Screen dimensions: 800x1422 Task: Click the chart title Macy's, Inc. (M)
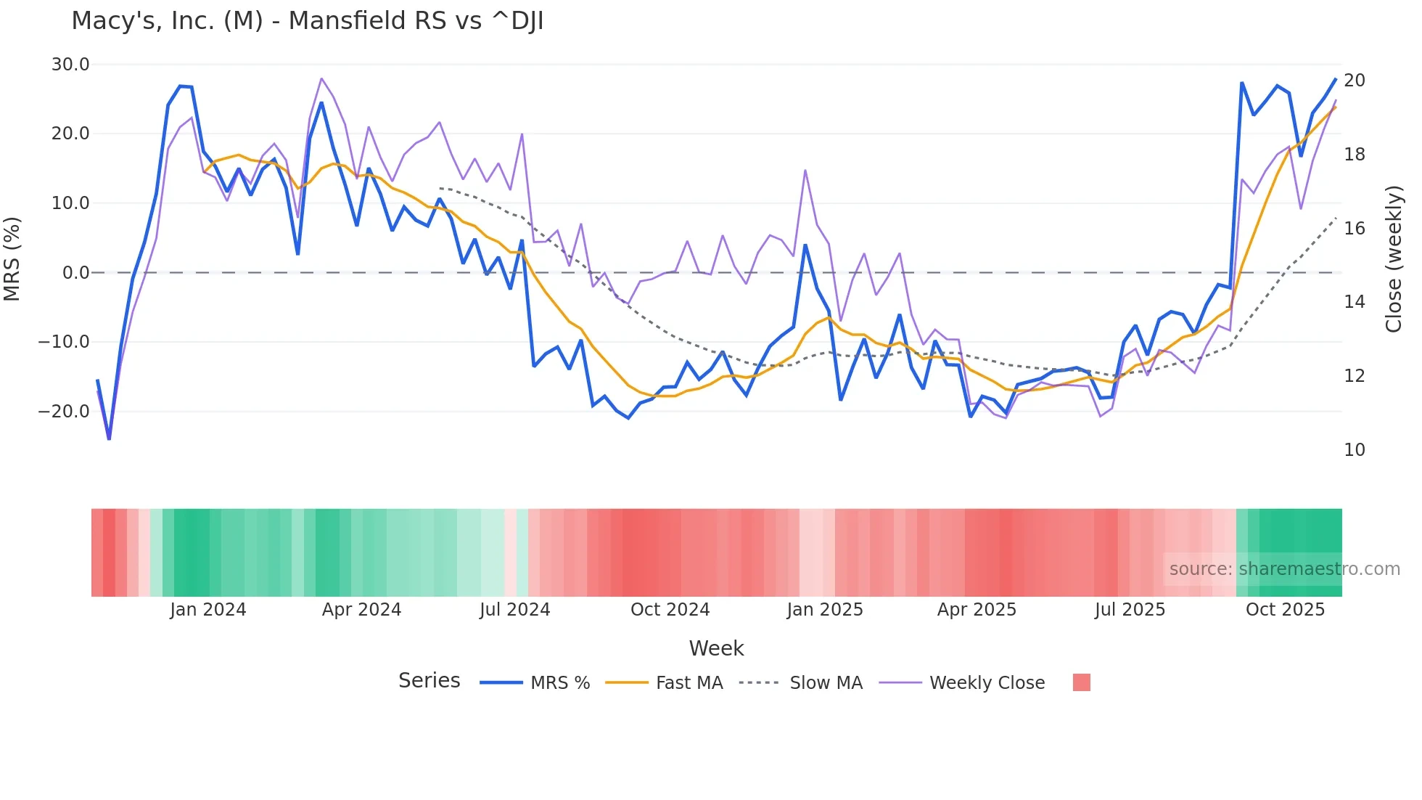point(308,21)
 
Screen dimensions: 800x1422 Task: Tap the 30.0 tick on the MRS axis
point(70,65)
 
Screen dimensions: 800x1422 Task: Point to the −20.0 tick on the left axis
point(65,412)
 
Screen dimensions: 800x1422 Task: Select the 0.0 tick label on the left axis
point(75,273)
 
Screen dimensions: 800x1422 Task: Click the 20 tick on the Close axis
point(1354,81)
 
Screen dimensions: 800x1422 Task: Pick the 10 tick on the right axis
point(1354,450)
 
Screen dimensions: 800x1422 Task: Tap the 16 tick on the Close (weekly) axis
point(1354,229)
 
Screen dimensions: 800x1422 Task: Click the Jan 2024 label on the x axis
point(208,610)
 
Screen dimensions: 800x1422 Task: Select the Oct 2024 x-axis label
point(670,610)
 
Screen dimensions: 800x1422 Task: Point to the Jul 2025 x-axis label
point(1130,610)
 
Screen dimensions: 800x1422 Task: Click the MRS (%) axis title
point(12,259)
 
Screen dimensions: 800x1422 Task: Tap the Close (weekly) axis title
point(1394,259)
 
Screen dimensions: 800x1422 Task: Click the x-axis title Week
point(716,648)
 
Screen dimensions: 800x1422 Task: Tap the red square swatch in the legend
point(1081,682)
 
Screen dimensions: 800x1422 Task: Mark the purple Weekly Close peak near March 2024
point(321,78)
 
